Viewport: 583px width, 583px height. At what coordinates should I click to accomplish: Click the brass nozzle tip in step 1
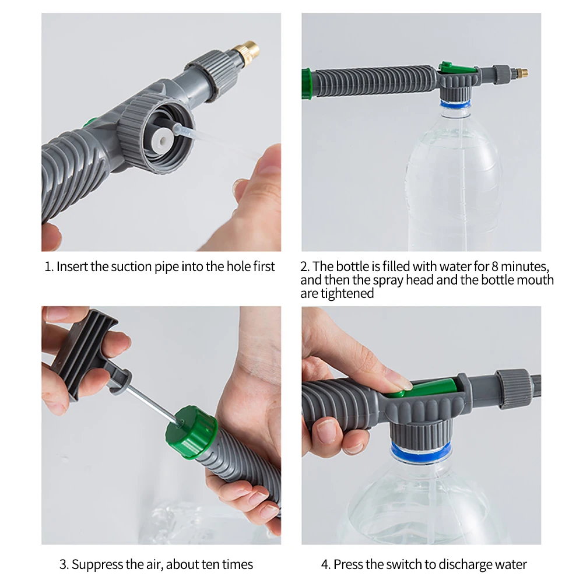[x=245, y=52]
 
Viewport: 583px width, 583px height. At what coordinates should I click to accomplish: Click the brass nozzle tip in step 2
[x=521, y=72]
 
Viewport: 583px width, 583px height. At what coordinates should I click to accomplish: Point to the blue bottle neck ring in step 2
[x=455, y=104]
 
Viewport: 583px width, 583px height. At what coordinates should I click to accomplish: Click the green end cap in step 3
[x=191, y=431]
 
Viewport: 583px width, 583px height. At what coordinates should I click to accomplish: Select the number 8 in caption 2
[x=495, y=266]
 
